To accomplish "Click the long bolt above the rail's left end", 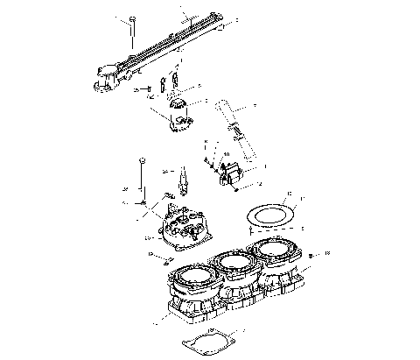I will coord(131,32).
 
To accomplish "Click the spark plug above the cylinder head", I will coord(185,182).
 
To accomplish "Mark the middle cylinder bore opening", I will coord(230,261).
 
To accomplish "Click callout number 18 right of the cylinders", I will coord(326,252).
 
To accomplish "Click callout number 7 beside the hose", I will coord(254,106).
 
